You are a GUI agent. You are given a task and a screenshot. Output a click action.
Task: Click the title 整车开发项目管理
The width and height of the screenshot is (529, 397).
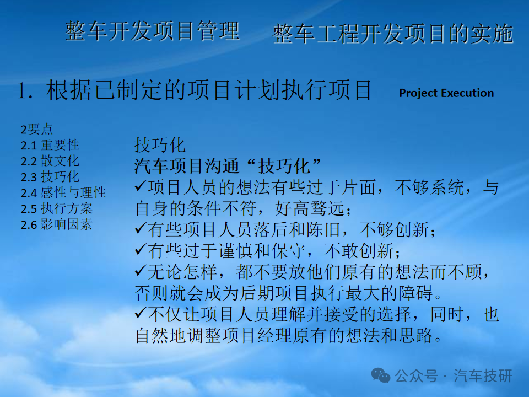(x=153, y=31)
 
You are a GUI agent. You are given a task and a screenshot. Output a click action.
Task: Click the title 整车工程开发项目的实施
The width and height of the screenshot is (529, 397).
(x=393, y=34)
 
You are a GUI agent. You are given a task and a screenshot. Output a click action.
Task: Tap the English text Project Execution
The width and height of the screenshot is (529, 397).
(x=446, y=93)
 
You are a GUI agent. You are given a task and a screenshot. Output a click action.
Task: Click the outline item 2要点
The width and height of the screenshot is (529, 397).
(x=37, y=129)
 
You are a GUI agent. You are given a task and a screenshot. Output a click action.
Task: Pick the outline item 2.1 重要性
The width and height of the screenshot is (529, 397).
(x=50, y=145)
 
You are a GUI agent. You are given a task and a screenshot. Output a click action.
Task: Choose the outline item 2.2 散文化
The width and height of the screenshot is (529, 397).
(x=50, y=160)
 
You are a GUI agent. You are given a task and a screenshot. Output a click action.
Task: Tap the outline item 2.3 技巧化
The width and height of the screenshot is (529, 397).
(x=50, y=176)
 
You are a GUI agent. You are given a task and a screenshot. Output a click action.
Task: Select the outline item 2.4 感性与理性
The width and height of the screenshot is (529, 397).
(x=63, y=192)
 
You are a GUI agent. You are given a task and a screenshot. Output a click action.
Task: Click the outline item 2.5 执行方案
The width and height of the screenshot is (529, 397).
(x=57, y=208)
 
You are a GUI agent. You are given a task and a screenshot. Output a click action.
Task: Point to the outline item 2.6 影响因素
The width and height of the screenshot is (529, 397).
(x=57, y=224)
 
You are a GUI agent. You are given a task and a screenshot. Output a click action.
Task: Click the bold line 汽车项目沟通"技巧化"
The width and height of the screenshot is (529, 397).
(x=228, y=166)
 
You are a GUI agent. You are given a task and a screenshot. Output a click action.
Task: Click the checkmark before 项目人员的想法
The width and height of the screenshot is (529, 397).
(x=141, y=186)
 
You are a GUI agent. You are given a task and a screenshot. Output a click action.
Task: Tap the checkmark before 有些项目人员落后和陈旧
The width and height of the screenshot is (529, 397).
(x=141, y=229)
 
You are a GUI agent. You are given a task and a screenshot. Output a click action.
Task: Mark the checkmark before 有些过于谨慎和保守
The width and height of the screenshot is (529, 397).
(x=141, y=250)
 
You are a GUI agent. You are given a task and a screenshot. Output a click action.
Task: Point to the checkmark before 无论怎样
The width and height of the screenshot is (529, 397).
(x=141, y=271)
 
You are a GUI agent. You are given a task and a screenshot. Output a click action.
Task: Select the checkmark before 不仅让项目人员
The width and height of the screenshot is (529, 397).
(x=141, y=314)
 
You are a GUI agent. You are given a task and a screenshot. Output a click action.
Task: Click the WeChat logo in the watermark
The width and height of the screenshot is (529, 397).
(x=381, y=375)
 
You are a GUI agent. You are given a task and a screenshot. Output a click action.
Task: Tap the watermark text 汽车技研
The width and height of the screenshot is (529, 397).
(x=483, y=375)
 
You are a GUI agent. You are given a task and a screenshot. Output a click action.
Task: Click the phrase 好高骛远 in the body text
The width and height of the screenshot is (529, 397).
(x=310, y=208)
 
